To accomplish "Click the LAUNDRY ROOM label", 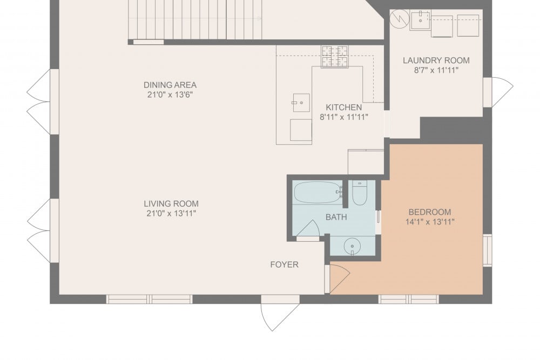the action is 436,60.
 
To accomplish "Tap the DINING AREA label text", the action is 170,85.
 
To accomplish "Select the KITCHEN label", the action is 343,107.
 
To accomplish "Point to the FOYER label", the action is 284,264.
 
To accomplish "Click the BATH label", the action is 336,217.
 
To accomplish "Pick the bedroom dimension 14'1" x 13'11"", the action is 430,222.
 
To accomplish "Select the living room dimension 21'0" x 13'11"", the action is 171,213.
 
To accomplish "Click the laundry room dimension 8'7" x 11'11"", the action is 436,71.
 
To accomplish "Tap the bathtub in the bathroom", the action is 318,192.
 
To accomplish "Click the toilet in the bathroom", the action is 359,193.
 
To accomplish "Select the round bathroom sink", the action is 352,247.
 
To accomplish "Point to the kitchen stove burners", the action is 334,57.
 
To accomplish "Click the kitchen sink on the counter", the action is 301,103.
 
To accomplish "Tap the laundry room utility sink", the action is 420,21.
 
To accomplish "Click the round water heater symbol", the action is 400,19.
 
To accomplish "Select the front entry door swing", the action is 280,317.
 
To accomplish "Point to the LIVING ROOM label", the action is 171,203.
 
